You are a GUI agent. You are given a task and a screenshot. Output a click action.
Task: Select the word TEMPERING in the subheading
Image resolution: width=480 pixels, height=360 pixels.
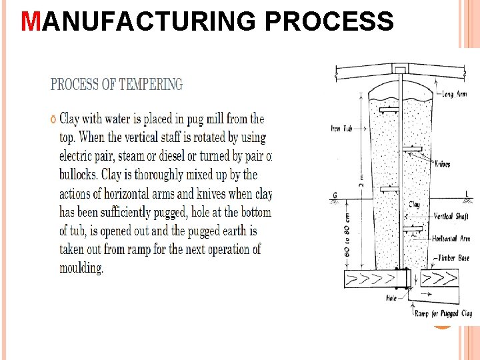(x=151, y=85)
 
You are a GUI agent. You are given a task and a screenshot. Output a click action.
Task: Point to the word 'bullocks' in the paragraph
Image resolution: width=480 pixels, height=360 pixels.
(x=84, y=175)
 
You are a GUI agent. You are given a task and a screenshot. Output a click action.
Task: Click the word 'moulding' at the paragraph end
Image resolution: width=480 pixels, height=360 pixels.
(x=81, y=269)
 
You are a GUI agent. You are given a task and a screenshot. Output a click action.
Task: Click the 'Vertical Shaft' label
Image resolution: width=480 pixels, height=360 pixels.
(x=451, y=217)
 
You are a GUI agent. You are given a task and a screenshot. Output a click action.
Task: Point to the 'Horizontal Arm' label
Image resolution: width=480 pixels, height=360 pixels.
(x=451, y=238)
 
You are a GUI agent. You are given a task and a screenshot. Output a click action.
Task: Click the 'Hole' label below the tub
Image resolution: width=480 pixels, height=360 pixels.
(x=391, y=298)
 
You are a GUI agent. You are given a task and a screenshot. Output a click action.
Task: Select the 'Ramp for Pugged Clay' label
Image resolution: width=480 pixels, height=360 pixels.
(x=443, y=313)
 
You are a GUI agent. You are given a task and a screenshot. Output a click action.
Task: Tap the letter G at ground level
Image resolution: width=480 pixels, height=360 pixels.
(x=334, y=195)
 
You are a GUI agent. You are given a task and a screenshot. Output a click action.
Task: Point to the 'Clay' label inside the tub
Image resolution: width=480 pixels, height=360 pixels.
(x=414, y=205)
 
